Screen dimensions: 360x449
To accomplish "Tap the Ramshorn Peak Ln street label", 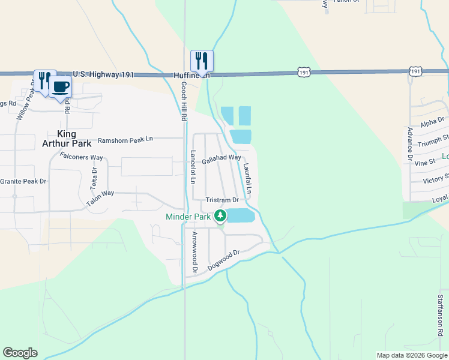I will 125,139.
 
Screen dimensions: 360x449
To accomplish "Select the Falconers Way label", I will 82,157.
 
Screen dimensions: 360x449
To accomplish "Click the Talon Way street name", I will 100,199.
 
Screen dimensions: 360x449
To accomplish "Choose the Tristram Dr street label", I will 222,200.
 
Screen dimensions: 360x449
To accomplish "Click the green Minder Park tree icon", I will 221,215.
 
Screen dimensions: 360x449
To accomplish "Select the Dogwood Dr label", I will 223,259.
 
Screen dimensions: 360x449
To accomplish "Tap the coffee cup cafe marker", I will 59,86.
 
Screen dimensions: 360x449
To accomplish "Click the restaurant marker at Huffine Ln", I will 202,61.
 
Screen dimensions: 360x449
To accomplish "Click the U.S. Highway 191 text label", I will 103,74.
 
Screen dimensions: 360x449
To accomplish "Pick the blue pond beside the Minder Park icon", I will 240,215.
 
